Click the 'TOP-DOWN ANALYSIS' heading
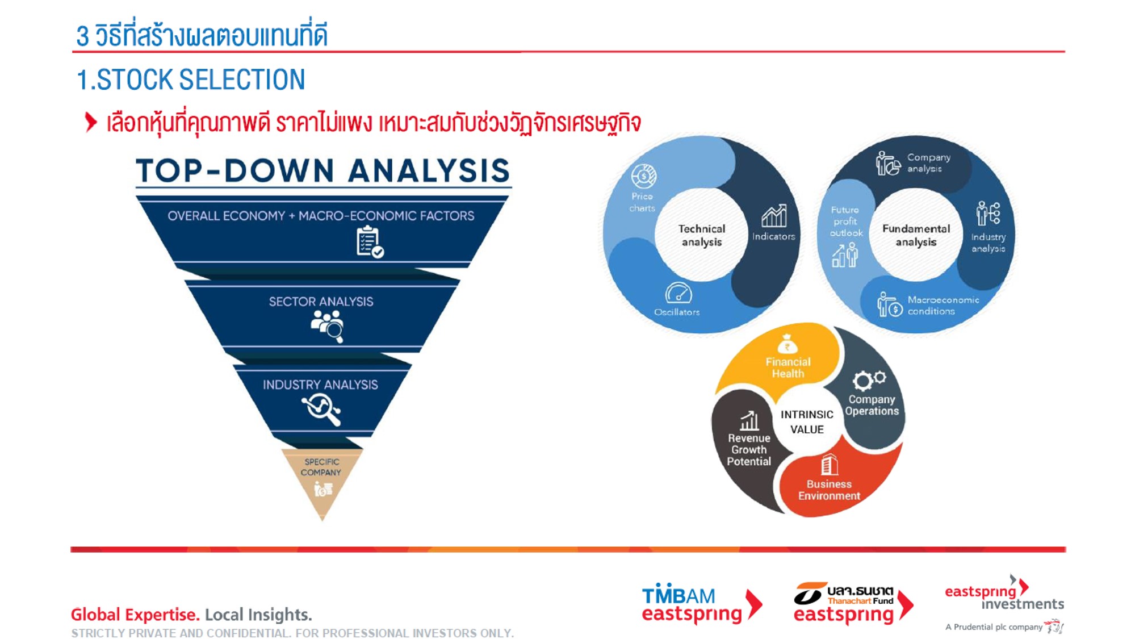(x=322, y=170)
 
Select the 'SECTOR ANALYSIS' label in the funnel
(x=321, y=302)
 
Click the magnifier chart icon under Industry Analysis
(x=321, y=409)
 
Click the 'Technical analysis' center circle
(x=702, y=235)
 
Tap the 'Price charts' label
(x=642, y=202)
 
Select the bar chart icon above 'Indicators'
(x=774, y=216)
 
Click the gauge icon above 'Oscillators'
(x=678, y=293)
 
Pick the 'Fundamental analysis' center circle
(x=916, y=235)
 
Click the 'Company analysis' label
(x=928, y=162)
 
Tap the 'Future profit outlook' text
(x=845, y=222)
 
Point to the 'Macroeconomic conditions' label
(x=943, y=305)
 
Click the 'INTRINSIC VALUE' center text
(x=807, y=422)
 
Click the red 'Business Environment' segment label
(x=829, y=490)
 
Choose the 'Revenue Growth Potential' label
(x=749, y=450)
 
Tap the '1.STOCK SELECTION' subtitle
(x=191, y=80)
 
